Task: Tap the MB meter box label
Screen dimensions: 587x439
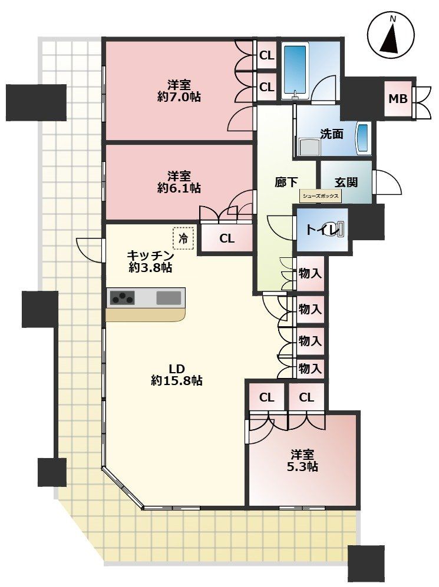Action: [398, 98]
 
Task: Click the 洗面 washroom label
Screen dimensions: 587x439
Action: [332, 134]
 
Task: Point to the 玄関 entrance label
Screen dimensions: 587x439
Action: [346, 182]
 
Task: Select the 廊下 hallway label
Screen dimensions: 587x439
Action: [287, 182]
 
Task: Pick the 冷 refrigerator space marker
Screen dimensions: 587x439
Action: [184, 238]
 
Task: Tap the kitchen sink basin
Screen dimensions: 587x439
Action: [169, 298]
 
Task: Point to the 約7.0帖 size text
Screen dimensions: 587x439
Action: [179, 97]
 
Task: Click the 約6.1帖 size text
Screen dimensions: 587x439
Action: [179, 188]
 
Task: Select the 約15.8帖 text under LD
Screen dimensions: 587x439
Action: [177, 381]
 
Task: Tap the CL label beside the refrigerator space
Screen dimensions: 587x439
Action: [227, 238]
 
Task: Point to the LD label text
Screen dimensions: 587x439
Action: [177, 369]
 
